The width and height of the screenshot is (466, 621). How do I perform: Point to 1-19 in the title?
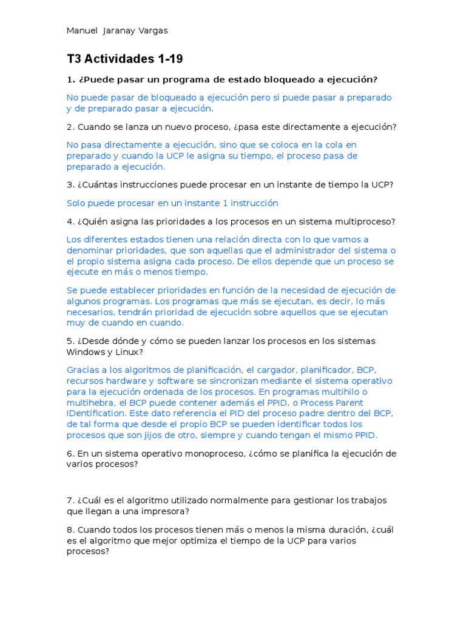[x=169, y=59]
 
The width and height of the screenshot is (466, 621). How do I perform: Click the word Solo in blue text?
[x=76, y=203]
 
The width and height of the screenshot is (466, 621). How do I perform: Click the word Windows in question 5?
[x=85, y=352]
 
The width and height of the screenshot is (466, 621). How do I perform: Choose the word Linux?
[x=128, y=352]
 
